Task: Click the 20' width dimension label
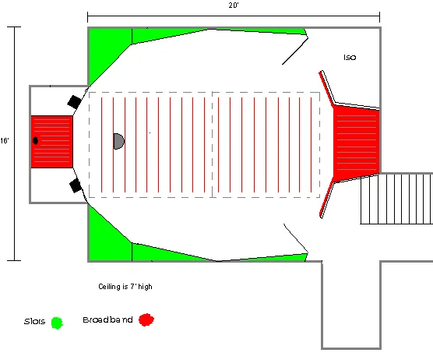pyautogui.click(x=234, y=5)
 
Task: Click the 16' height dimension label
pyautogui.click(x=5, y=141)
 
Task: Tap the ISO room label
pyautogui.click(x=350, y=58)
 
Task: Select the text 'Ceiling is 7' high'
pyautogui.click(x=125, y=287)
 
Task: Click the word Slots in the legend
pyautogui.click(x=34, y=321)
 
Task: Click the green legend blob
pyautogui.click(x=57, y=323)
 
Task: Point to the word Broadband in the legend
pyautogui.click(x=107, y=319)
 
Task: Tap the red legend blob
pyautogui.click(x=146, y=319)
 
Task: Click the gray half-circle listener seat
pyautogui.click(x=119, y=141)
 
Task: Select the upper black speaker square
pyautogui.click(x=74, y=102)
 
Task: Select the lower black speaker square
pyautogui.click(x=76, y=185)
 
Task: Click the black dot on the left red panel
pyautogui.click(x=35, y=140)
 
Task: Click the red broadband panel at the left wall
pyautogui.click(x=51, y=142)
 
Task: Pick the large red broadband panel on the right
pyautogui.click(x=356, y=143)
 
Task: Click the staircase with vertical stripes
pyautogui.click(x=396, y=199)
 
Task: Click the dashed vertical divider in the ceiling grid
pyautogui.click(x=212, y=145)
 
